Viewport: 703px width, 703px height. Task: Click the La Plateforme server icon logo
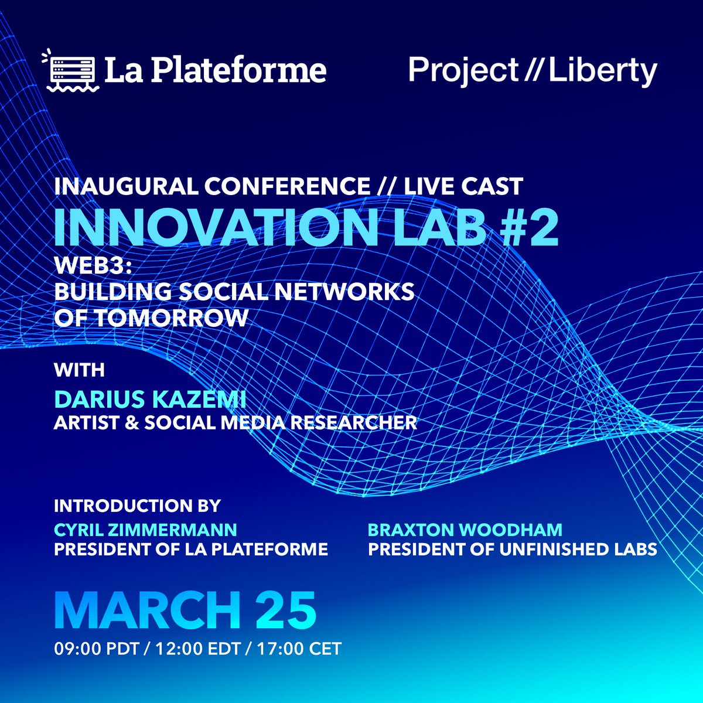(x=70, y=70)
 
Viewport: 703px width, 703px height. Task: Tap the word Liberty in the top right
(x=602, y=71)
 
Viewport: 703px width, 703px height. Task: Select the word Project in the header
(x=463, y=71)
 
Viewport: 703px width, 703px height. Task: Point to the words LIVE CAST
(x=463, y=186)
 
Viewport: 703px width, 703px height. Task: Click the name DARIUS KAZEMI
(x=150, y=400)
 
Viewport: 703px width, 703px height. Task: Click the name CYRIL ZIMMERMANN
(x=145, y=530)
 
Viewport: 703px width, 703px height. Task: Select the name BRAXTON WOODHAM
(x=465, y=530)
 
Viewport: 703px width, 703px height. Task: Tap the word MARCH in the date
(x=148, y=610)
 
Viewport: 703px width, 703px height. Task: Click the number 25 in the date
(x=286, y=610)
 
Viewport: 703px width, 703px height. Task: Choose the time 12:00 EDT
(x=198, y=649)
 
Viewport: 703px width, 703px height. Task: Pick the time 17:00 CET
(x=299, y=649)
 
